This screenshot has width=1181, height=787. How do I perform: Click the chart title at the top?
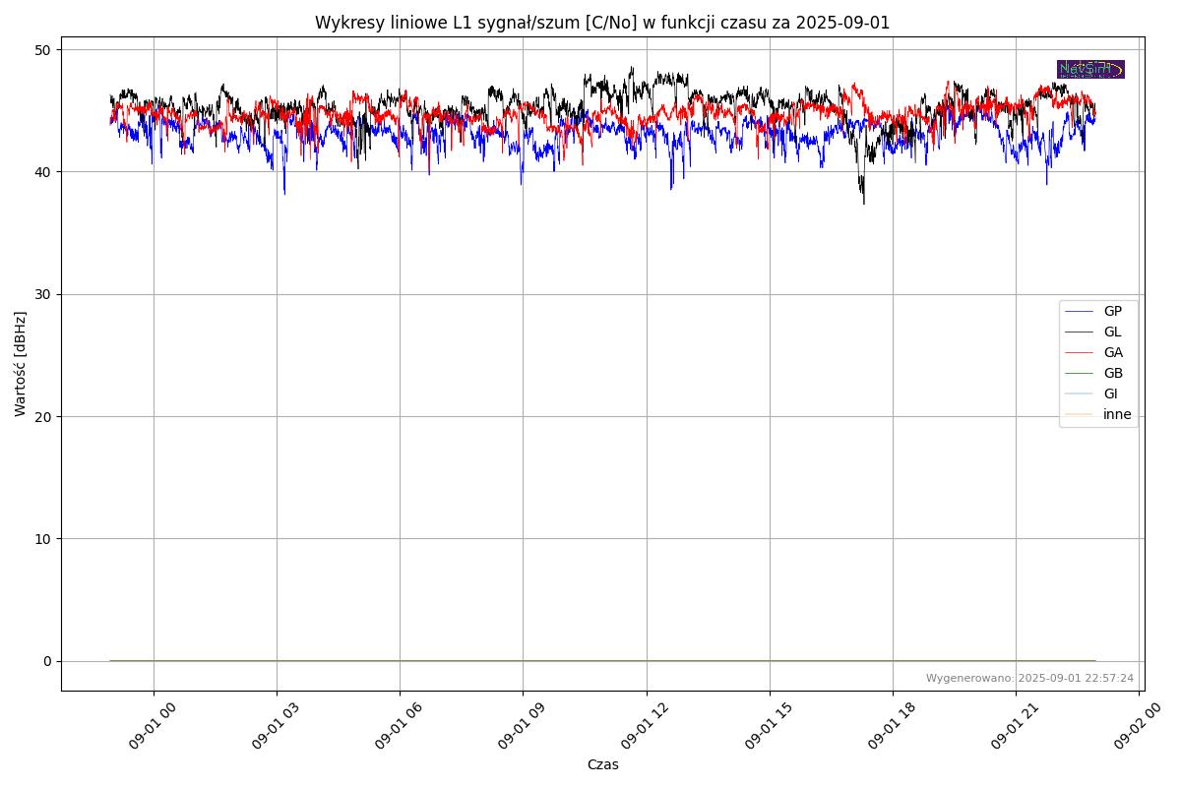(x=602, y=23)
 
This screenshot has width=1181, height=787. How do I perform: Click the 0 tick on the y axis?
(x=45, y=661)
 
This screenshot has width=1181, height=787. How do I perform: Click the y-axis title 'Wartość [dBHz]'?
(x=21, y=364)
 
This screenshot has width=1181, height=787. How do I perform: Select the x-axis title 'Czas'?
(x=602, y=764)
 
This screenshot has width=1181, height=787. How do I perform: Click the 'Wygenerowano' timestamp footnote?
(x=1029, y=678)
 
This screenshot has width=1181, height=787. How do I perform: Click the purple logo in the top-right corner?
(x=1090, y=69)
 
